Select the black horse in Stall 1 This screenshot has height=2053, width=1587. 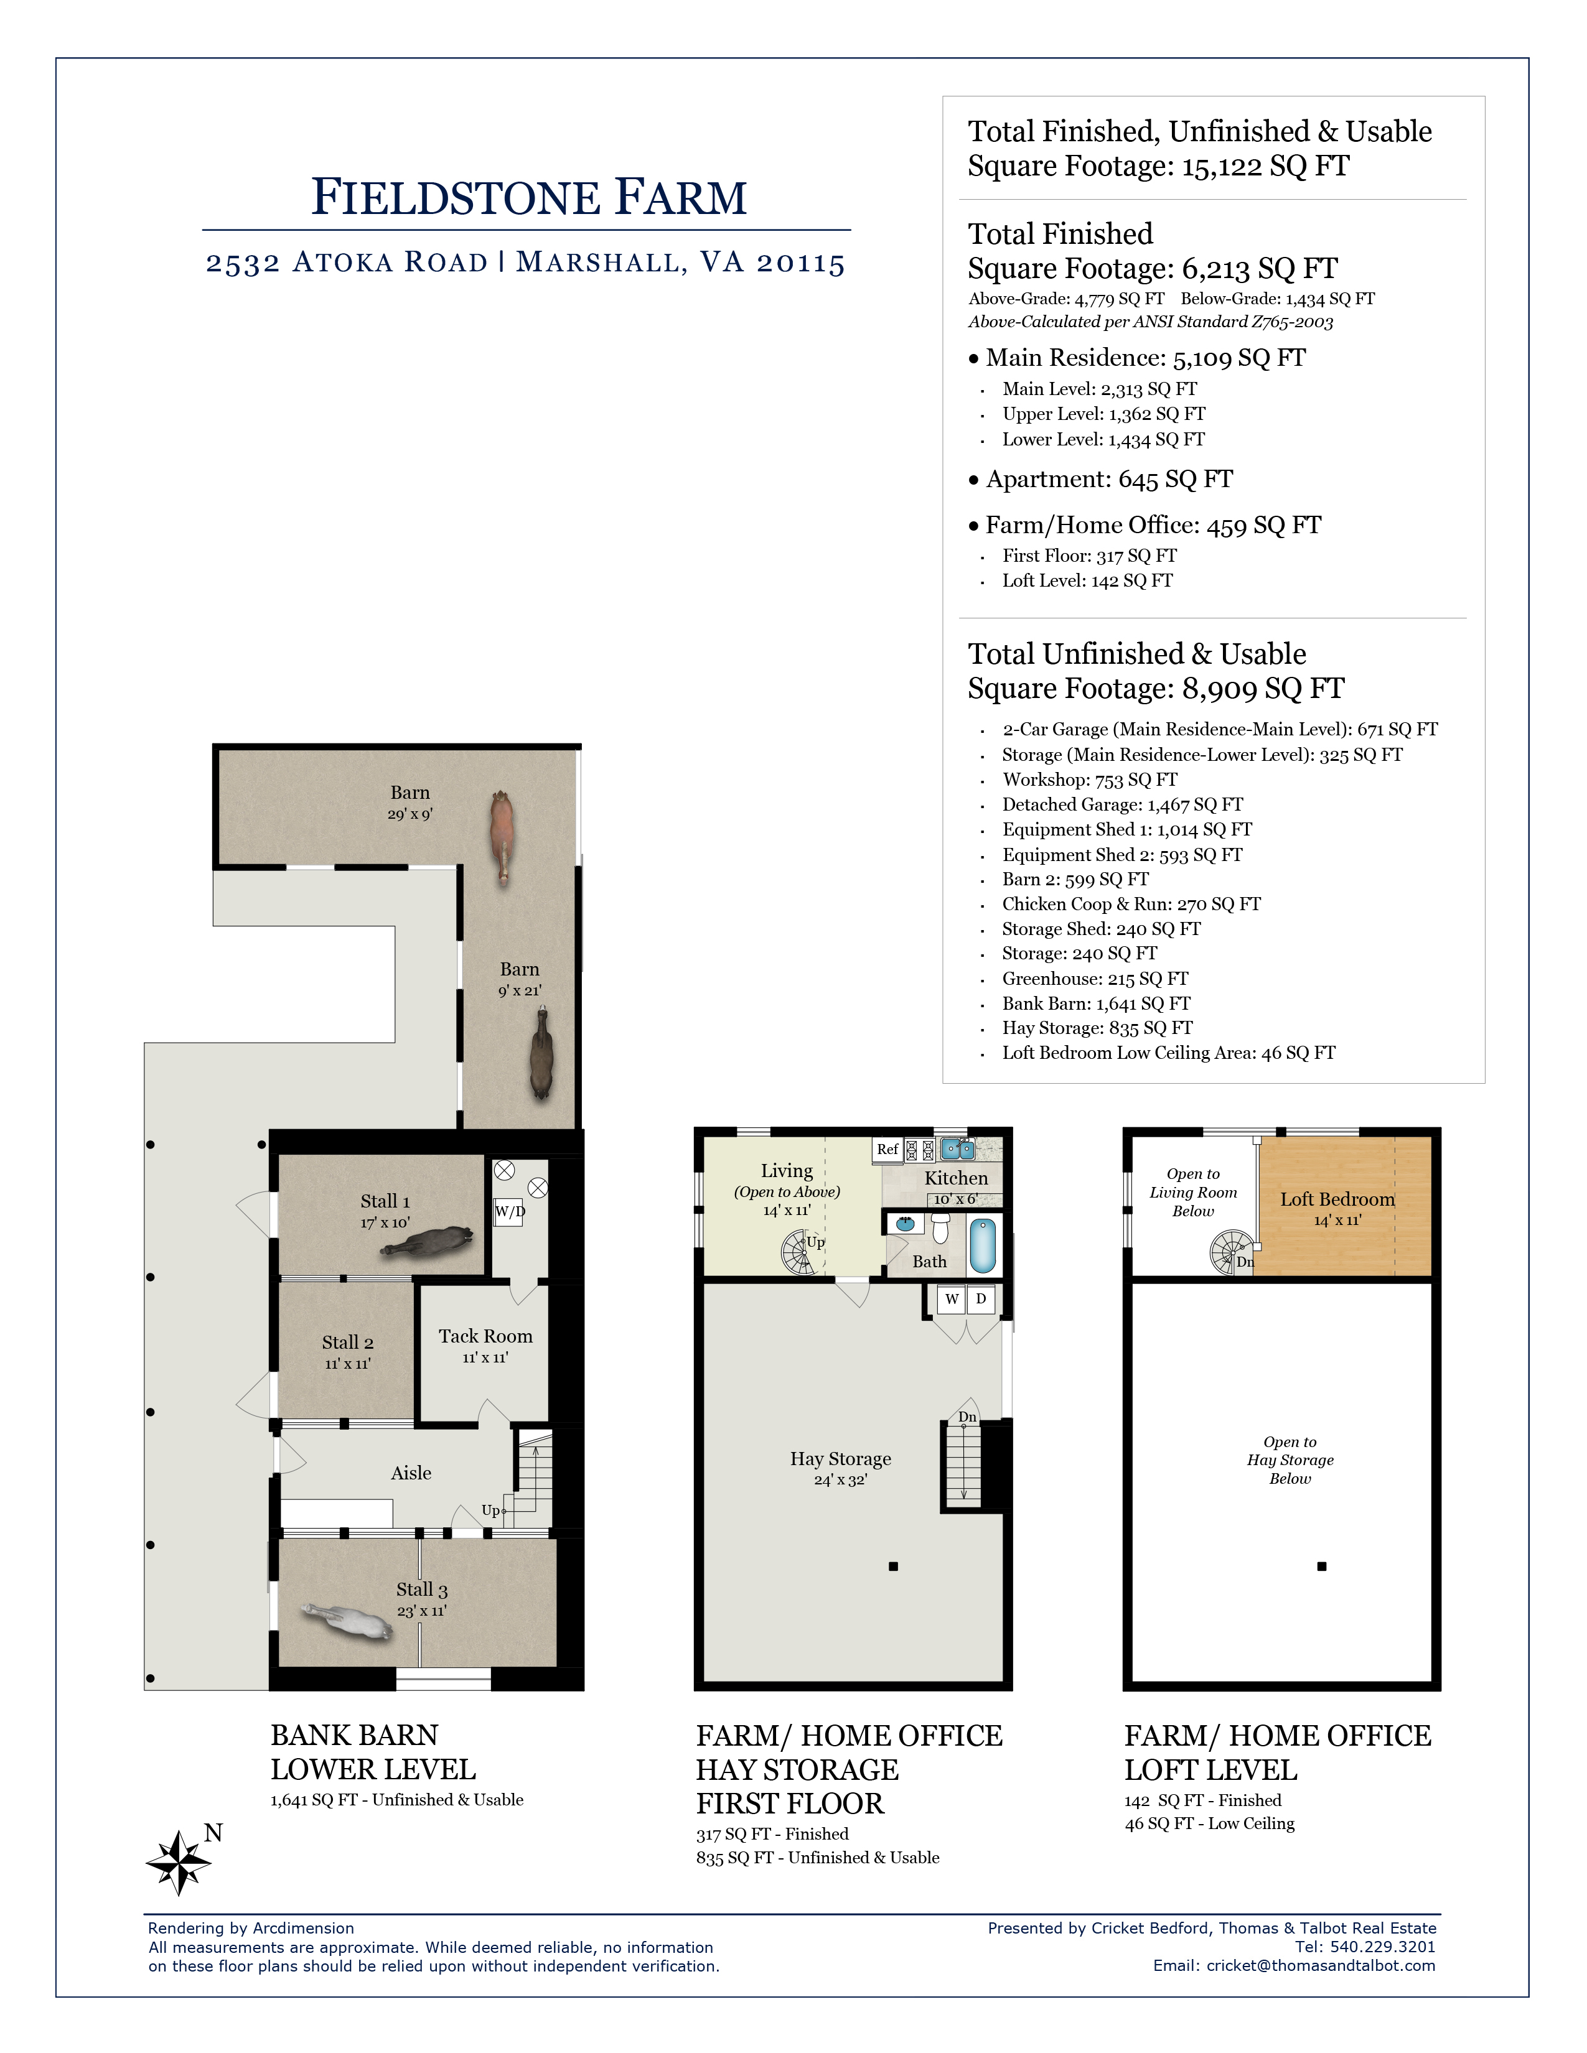(x=428, y=1242)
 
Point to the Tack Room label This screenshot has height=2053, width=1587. (x=485, y=1336)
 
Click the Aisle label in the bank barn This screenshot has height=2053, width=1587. (x=411, y=1473)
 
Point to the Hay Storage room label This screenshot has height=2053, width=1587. (x=841, y=1459)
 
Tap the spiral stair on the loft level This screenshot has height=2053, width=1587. (x=1229, y=1253)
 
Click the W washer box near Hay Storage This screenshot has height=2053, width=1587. (x=952, y=1299)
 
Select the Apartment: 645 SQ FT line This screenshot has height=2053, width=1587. (x=1110, y=480)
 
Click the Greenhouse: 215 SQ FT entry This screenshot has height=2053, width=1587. (x=1095, y=979)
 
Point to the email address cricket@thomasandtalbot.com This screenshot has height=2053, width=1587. (x=1321, y=1965)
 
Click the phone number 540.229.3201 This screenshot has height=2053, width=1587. (x=1383, y=1947)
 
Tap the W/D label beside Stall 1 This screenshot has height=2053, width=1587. (x=510, y=1212)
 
